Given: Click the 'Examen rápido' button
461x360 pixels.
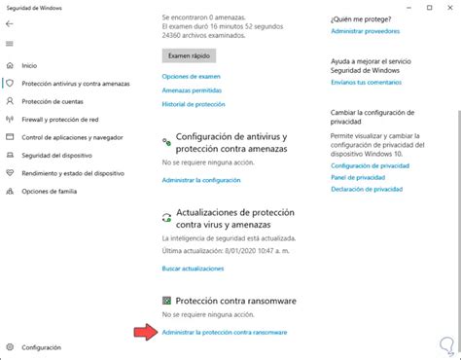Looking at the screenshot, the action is click(x=188, y=56).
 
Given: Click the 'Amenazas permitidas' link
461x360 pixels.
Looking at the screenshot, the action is click(x=192, y=90).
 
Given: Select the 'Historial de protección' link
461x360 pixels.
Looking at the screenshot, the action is click(x=195, y=103).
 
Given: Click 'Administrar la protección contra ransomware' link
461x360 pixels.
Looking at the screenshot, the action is click(x=224, y=333).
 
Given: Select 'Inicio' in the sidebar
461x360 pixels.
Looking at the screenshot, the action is click(x=29, y=65).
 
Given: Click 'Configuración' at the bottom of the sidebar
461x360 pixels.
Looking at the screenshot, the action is click(x=41, y=346).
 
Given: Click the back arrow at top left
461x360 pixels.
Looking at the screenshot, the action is click(x=10, y=24).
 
